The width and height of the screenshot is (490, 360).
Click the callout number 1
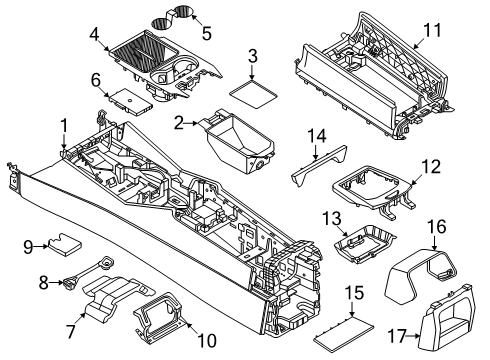tap(63, 124)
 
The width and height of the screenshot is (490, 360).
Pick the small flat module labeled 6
tap(131, 97)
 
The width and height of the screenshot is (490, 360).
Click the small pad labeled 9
tap(70, 242)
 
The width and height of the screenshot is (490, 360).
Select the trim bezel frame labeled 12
tap(375, 189)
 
